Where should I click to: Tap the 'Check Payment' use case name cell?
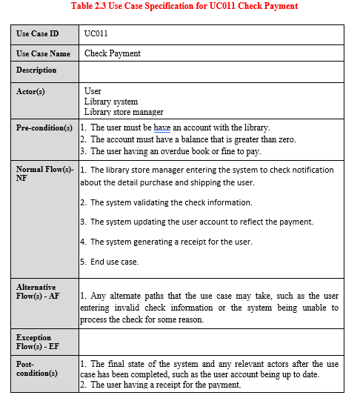(x=113, y=53)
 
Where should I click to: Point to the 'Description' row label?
(x=36, y=70)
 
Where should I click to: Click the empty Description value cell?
(x=211, y=71)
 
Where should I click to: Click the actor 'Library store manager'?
(x=124, y=112)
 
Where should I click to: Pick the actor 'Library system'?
(x=111, y=102)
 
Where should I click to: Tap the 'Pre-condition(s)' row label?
(x=44, y=128)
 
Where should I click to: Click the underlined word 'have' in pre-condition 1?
(x=162, y=127)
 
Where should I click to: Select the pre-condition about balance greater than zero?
(x=193, y=139)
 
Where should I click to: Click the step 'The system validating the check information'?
(x=170, y=202)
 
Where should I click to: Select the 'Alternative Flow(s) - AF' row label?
(x=36, y=291)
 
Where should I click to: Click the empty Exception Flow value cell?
(x=211, y=342)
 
